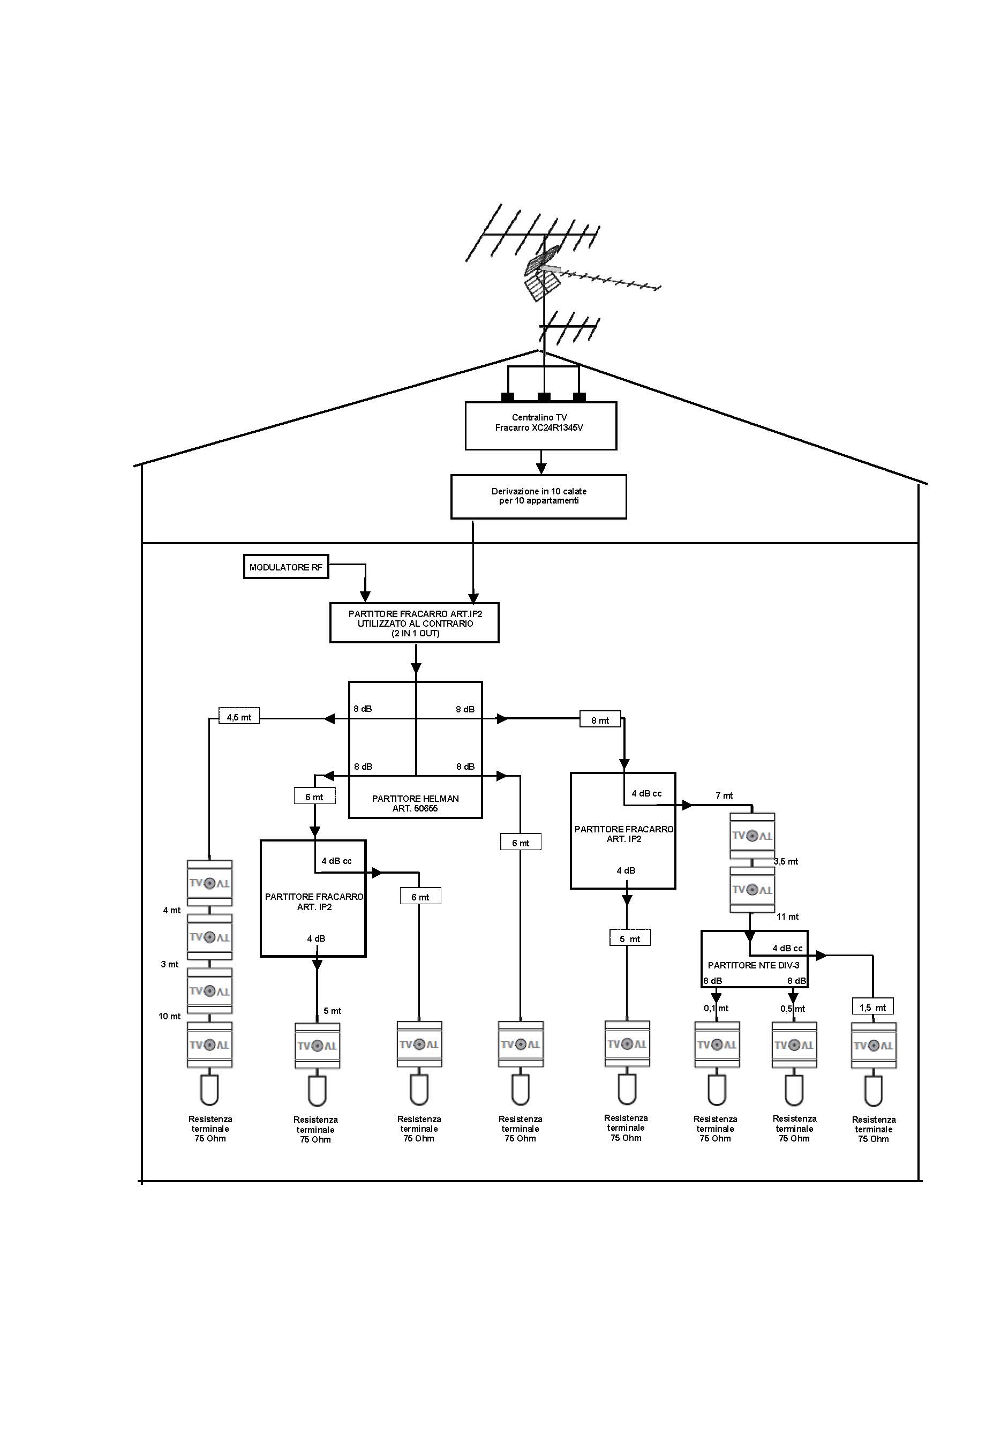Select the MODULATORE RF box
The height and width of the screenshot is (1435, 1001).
285,567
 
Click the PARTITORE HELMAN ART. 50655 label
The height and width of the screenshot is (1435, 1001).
415,803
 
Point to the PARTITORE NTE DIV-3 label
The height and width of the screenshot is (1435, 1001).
753,965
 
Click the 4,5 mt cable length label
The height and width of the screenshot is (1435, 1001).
239,717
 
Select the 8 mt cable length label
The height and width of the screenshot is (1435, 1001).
600,720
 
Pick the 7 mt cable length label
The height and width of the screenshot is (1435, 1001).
724,795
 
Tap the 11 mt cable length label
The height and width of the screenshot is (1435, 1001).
787,916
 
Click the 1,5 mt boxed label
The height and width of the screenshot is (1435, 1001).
872,1008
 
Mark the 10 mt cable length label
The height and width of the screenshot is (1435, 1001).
169,1016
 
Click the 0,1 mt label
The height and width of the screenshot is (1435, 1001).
716,1008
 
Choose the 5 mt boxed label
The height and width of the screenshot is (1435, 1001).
630,939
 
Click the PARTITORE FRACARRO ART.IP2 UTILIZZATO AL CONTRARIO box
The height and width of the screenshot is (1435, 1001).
415,623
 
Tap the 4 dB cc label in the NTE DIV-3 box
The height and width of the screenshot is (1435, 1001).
787,948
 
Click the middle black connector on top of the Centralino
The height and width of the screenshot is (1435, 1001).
544,397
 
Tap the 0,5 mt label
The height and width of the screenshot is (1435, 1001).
792,1009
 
